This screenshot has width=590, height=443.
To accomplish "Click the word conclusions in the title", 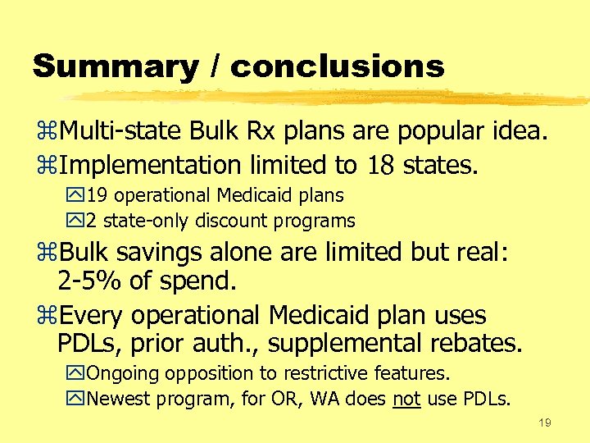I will (338, 66).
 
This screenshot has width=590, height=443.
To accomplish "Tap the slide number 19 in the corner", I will (545, 423).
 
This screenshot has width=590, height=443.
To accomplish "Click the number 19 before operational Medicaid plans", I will (96, 196).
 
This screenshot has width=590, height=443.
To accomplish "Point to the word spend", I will (202, 281).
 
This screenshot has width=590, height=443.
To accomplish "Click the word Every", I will (92, 315).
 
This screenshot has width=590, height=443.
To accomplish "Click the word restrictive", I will (327, 374).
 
